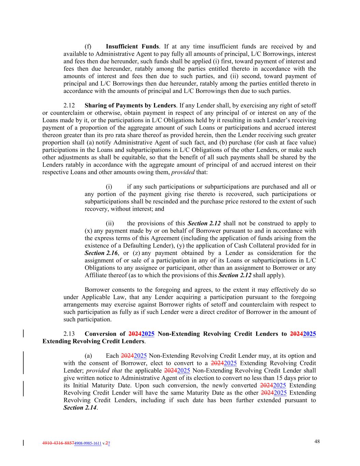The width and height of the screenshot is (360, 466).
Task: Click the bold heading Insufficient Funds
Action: (x=132, y=46)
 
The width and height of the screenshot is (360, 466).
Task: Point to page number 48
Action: (x=317, y=441)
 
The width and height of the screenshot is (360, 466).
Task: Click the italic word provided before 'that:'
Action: (x=183, y=172)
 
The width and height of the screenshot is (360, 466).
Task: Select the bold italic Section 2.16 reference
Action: (x=101, y=253)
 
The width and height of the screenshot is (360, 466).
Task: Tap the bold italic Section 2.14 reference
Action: (x=80, y=408)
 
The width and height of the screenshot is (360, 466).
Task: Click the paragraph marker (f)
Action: (x=88, y=46)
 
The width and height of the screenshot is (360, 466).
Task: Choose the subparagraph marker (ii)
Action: (x=110, y=224)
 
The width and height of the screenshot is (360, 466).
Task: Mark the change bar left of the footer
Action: (x=23, y=443)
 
